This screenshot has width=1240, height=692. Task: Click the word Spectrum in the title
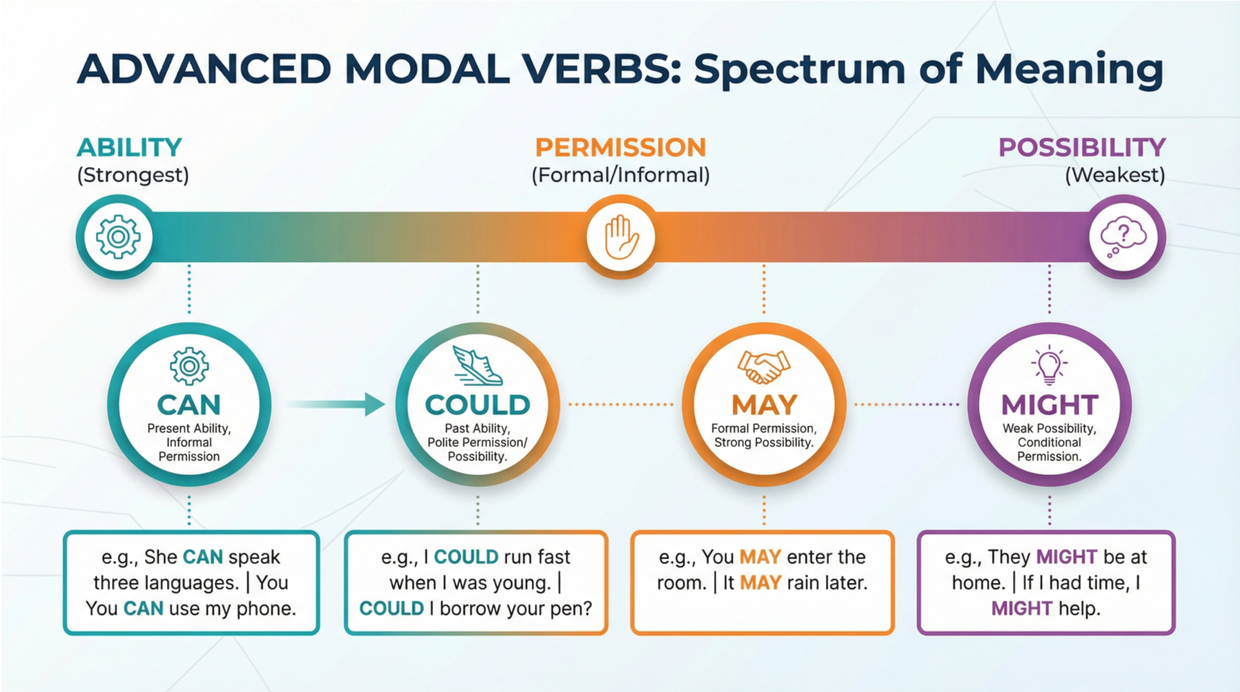coord(799,69)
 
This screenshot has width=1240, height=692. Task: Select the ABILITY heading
coord(129,147)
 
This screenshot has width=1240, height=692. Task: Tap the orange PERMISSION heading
coord(620,147)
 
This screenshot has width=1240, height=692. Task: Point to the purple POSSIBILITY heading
coord(1082,147)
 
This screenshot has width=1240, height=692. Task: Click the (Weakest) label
coord(1115,175)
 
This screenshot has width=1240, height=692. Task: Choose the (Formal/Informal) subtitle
coord(620,175)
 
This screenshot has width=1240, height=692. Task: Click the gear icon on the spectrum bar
coord(118,237)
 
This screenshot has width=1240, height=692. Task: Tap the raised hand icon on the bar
coord(621,237)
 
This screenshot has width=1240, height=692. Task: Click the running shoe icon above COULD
coord(477,366)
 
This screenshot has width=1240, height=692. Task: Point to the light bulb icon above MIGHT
coord(1049,366)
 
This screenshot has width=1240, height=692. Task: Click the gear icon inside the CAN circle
coord(189,367)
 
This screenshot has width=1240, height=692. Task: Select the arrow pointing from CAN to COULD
coord(334,404)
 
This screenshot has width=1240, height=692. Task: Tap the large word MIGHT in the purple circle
coord(1049,405)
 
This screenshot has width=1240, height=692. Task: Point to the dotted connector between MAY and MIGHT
coord(907,404)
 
